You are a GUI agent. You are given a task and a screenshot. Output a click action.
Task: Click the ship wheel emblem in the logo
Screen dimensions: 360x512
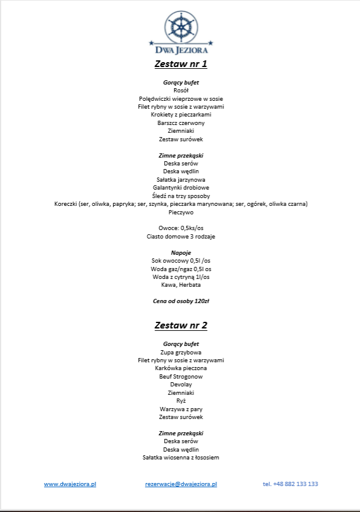181,25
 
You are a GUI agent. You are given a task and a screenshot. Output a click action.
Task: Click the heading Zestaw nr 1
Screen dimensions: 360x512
181,63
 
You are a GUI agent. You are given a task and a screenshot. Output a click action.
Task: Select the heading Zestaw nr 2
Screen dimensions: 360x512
181,325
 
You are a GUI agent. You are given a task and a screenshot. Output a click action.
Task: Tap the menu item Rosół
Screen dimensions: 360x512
181,90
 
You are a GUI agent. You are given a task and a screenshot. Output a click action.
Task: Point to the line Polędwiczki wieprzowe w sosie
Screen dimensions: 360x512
181,98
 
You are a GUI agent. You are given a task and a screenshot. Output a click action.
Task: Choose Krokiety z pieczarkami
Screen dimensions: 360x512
181,115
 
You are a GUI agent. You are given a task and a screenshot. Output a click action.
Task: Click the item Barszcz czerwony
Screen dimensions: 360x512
181,123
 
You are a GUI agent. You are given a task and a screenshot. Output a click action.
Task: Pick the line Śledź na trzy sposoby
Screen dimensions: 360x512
181,196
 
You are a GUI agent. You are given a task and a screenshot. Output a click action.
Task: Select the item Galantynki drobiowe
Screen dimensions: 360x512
181,188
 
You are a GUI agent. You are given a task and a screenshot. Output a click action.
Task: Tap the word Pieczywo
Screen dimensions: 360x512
181,213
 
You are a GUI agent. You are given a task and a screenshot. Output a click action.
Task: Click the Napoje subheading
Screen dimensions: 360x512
181,252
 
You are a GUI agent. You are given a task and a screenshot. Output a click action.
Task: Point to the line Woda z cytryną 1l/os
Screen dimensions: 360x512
181,277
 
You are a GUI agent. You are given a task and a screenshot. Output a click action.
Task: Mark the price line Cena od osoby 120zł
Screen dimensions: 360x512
181,300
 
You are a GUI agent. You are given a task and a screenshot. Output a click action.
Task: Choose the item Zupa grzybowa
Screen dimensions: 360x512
181,352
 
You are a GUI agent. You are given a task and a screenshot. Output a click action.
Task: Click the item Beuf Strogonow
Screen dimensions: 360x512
181,376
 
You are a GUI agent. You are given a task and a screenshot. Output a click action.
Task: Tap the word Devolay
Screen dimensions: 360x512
181,384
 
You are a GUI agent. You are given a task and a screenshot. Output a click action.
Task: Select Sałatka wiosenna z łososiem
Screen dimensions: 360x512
181,457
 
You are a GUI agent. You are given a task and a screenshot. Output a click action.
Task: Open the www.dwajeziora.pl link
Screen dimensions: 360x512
70,484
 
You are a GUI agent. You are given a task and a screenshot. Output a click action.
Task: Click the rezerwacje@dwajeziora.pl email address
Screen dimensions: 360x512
181,484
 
